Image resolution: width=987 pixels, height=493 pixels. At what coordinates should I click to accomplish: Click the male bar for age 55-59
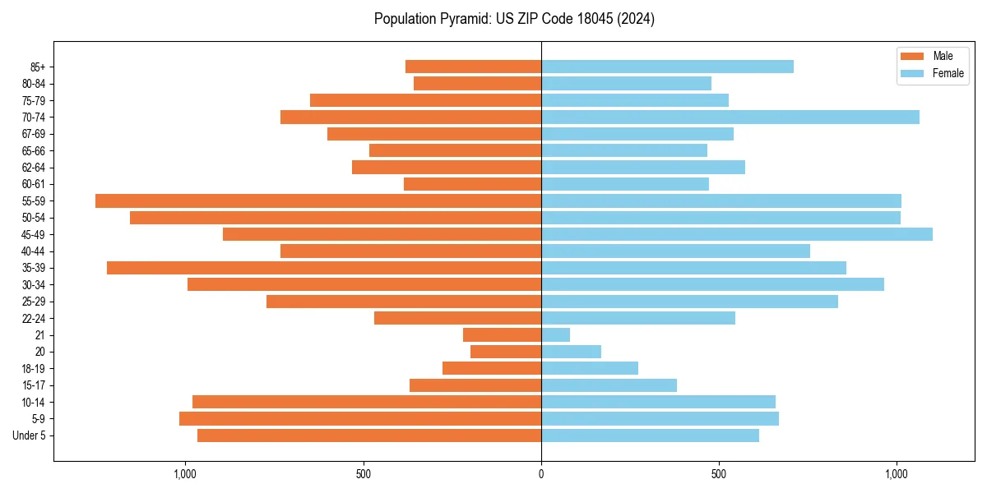pos(318,200)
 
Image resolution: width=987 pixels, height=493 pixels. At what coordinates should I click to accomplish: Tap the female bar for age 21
pos(556,334)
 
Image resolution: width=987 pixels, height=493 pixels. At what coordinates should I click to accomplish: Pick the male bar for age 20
pos(506,352)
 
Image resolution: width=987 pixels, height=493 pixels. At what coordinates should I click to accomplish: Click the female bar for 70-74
pos(730,117)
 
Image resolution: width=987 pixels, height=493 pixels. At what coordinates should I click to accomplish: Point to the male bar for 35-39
pos(324,268)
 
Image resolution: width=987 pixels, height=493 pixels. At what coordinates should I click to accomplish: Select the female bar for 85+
pos(667,67)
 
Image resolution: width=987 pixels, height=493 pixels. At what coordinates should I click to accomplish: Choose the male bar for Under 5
pos(369,435)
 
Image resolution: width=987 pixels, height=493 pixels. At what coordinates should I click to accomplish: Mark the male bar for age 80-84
pos(477,83)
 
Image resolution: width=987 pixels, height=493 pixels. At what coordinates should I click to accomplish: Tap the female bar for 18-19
pos(590,368)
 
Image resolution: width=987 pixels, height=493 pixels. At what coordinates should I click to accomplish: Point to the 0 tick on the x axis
pos(541,474)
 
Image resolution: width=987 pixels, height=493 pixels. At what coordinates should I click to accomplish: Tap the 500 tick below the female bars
pos(719,474)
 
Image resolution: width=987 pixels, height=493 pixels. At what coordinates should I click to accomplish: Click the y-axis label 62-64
pos(34,168)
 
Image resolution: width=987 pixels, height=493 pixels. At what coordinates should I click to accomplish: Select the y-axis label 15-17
pos(34,385)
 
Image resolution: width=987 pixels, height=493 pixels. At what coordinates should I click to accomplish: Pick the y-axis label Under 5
pos(30,435)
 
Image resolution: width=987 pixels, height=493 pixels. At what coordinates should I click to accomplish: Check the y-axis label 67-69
pos(34,134)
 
